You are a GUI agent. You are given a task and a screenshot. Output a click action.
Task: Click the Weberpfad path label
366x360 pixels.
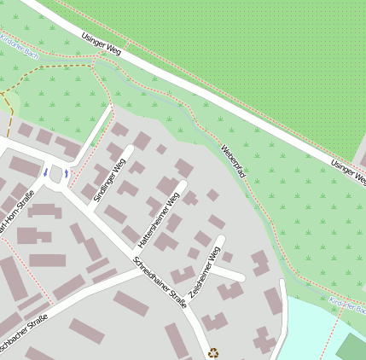233,161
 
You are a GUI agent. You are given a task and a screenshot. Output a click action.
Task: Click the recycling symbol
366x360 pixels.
213,351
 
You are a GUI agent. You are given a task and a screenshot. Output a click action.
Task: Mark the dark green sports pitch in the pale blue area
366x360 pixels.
351,348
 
